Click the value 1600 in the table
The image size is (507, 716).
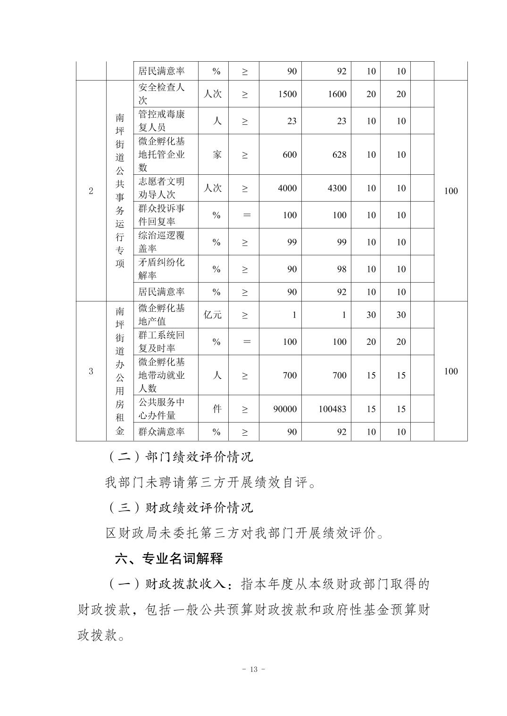(337, 94)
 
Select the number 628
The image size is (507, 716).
(339, 155)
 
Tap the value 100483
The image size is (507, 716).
(332, 409)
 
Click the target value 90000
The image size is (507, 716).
(285, 409)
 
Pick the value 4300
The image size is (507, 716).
(337, 188)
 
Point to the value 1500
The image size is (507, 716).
(287, 94)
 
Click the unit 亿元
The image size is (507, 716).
(213, 315)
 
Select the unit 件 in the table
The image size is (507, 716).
(216, 409)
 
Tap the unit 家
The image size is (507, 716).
(216, 155)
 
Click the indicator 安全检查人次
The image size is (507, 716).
(162, 94)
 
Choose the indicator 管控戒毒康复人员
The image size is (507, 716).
(162, 121)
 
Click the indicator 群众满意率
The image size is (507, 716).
(162, 431)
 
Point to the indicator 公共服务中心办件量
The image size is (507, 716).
(162, 409)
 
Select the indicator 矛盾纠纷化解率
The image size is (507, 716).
(162, 268)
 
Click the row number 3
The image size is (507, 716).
(91, 371)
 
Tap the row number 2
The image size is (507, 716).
(91, 191)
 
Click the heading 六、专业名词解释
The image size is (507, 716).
(169, 559)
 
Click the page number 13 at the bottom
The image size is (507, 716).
(253, 669)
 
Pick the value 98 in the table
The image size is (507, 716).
(341, 269)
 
